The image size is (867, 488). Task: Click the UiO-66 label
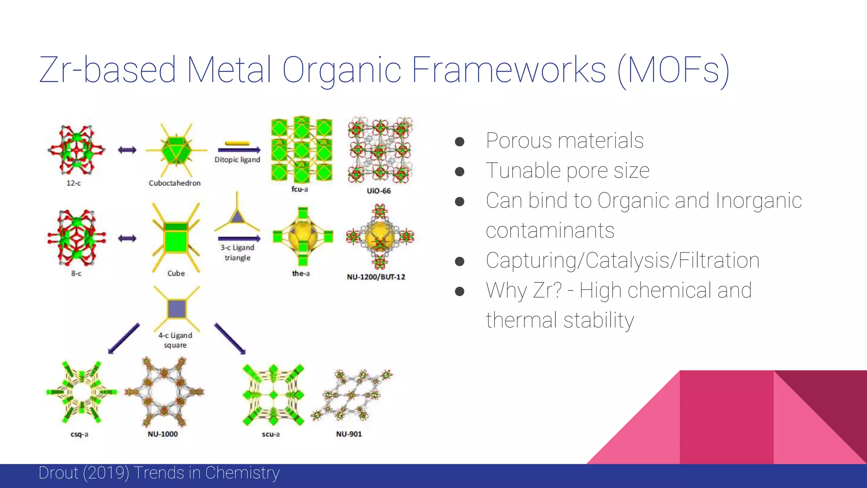(378, 191)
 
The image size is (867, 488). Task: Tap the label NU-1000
(163, 434)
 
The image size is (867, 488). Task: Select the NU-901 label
(349, 434)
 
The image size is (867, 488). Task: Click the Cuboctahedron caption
(174, 183)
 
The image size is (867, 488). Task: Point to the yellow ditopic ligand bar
(237, 143)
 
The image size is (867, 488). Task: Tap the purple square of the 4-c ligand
(177, 309)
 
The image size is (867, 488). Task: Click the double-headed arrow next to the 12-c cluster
(127, 150)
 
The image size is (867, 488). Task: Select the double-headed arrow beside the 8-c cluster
(127, 238)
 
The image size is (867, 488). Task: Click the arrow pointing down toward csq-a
(124, 338)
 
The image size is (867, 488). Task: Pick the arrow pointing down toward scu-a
(230, 338)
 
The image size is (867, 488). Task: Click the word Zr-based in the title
(108, 70)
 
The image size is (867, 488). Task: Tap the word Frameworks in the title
(508, 70)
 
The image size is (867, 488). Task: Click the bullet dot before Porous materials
(460, 141)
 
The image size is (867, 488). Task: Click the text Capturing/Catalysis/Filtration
(622, 261)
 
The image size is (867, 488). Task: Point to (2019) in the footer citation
(106, 473)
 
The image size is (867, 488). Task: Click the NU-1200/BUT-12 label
(376, 277)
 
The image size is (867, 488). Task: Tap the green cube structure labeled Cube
(176, 240)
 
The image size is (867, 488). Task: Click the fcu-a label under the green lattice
(300, 189)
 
